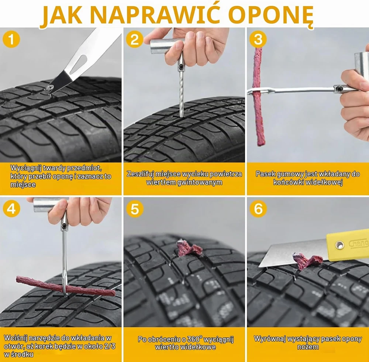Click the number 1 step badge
[x=11, y=39]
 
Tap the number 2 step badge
[x=134, y=39]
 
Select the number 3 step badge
[x=258, y=39]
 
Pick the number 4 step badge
[x=11, y=209]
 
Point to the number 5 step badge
[x=134, y=209]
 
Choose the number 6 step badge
[x=258, y=209]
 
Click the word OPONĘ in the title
[x=270, y=15]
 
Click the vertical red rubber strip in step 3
[x=258, y=97]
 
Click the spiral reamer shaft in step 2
[x=181, y=94]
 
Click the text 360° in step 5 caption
[x=194, y=339]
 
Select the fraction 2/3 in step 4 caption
[x=110, y=346]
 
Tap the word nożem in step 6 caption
[x=308, y=347]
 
